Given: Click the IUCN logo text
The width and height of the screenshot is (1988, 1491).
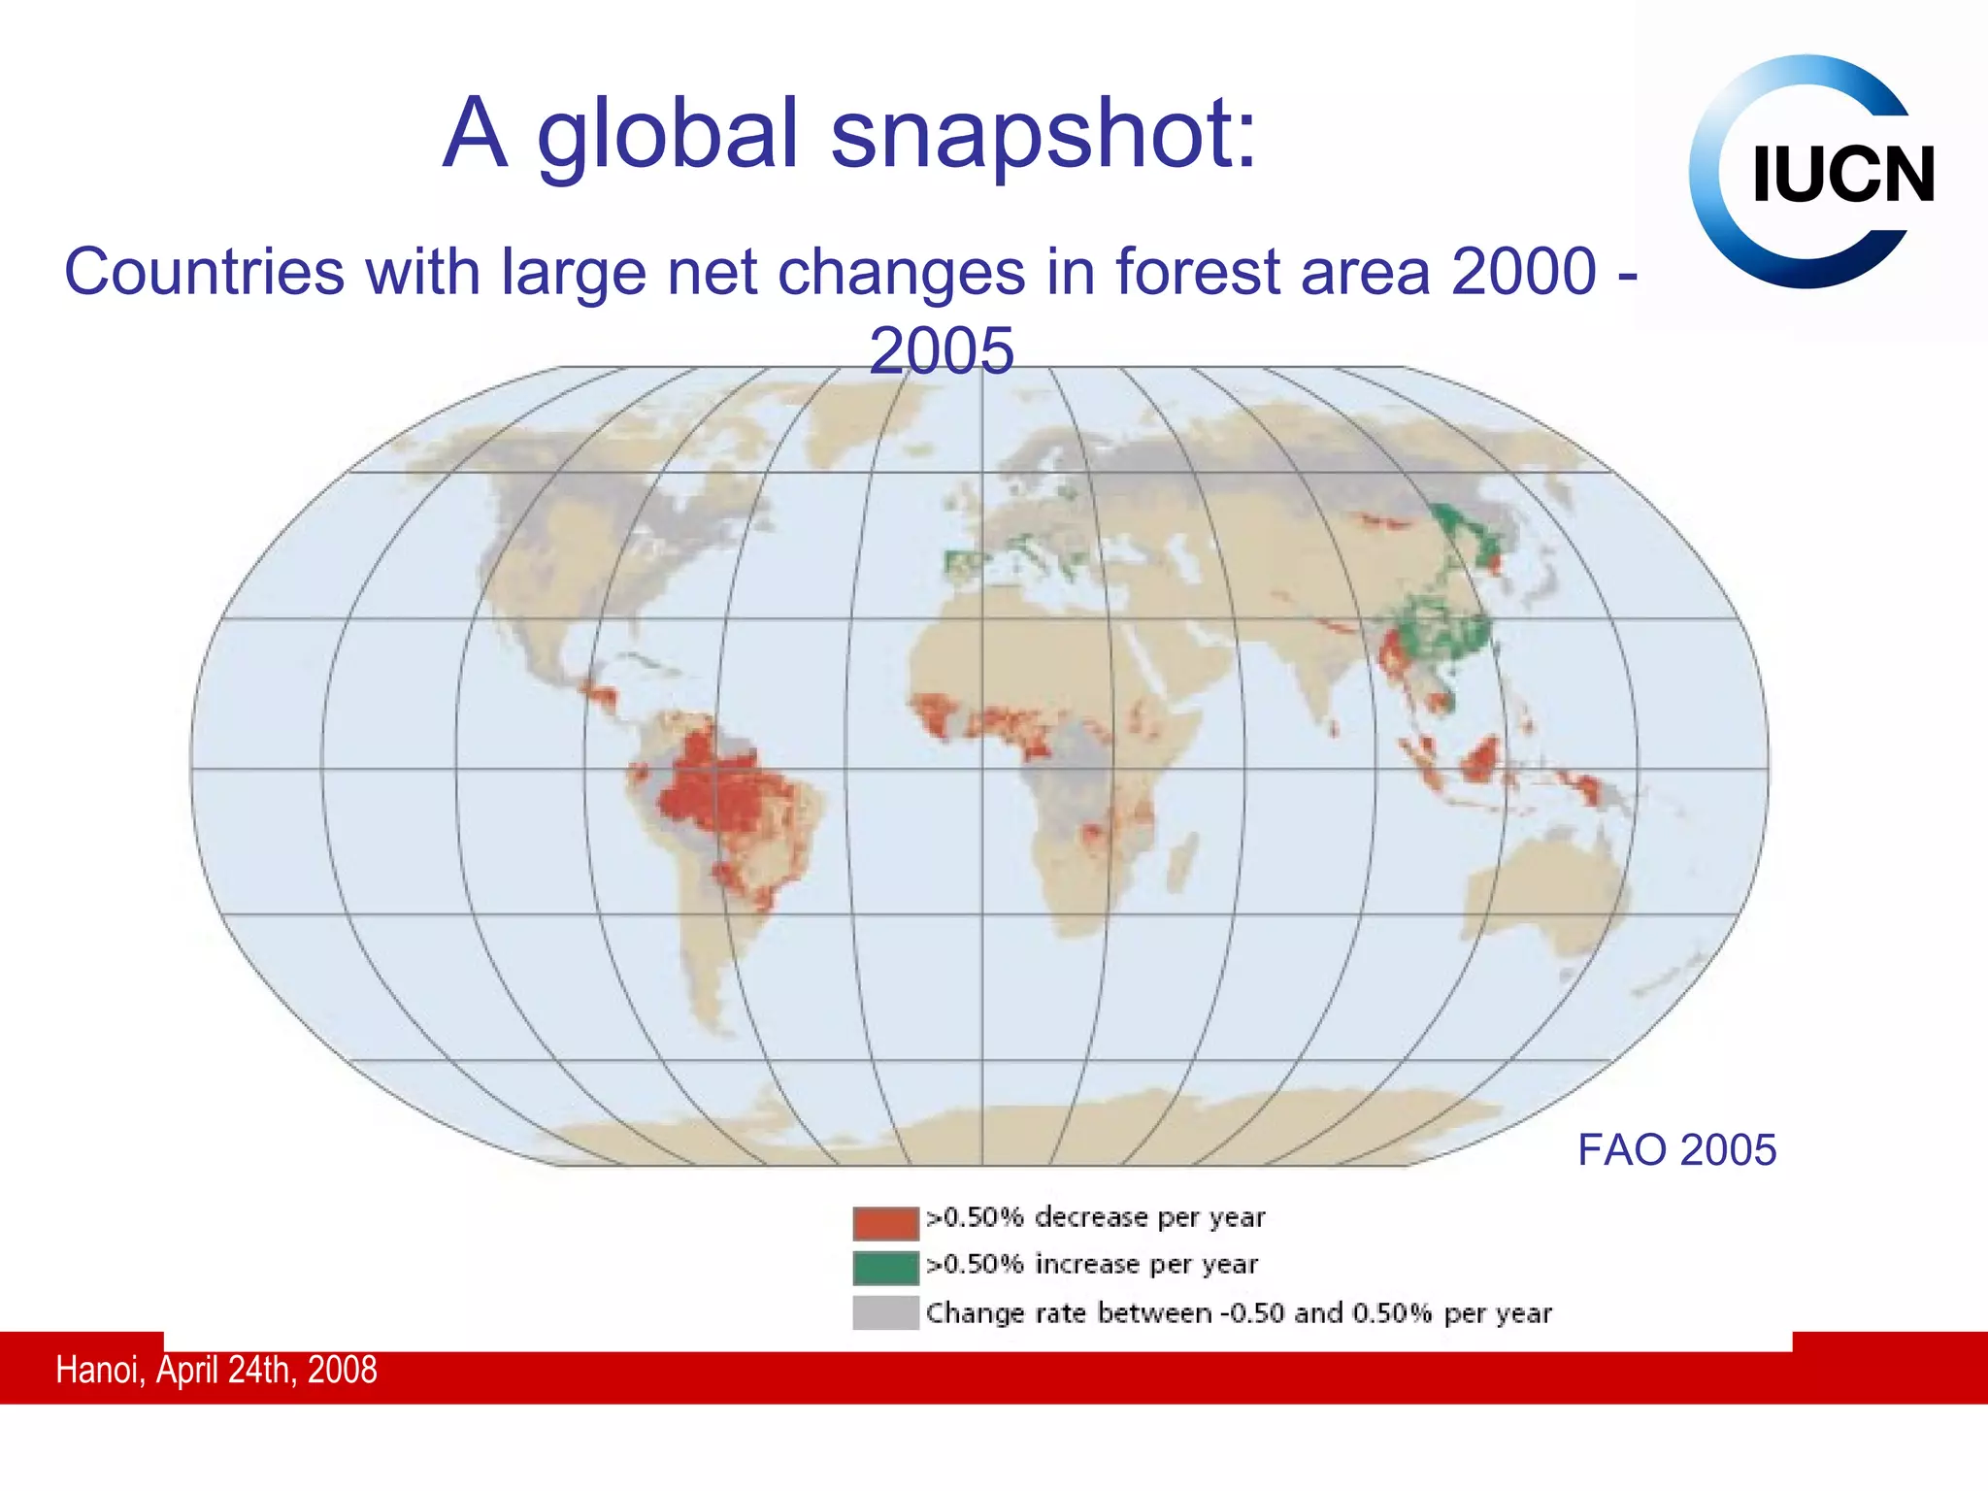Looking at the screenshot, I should point(1842,176).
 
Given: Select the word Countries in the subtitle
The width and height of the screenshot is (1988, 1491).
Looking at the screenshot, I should point(204,272).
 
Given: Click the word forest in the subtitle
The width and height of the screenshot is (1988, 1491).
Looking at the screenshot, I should point(1197,272).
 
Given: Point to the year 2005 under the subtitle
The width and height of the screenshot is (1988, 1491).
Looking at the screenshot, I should point(941,350).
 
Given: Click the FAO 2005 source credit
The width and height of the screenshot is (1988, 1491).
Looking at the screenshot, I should point(1676,1150).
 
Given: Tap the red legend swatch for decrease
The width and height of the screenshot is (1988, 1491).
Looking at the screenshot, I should point(885,1222).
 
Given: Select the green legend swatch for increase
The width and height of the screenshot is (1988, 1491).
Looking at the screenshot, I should point(885,1268).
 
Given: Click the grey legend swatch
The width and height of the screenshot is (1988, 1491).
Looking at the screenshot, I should point(885,1312).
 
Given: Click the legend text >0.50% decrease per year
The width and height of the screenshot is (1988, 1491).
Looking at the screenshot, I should point(1096,1217).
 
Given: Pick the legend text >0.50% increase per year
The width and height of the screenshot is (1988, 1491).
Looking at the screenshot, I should point(1092,1265).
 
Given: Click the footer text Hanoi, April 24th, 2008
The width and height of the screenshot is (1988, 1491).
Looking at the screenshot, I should point(215,1370).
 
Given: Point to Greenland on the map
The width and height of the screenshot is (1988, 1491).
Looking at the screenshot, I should point(854,417).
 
